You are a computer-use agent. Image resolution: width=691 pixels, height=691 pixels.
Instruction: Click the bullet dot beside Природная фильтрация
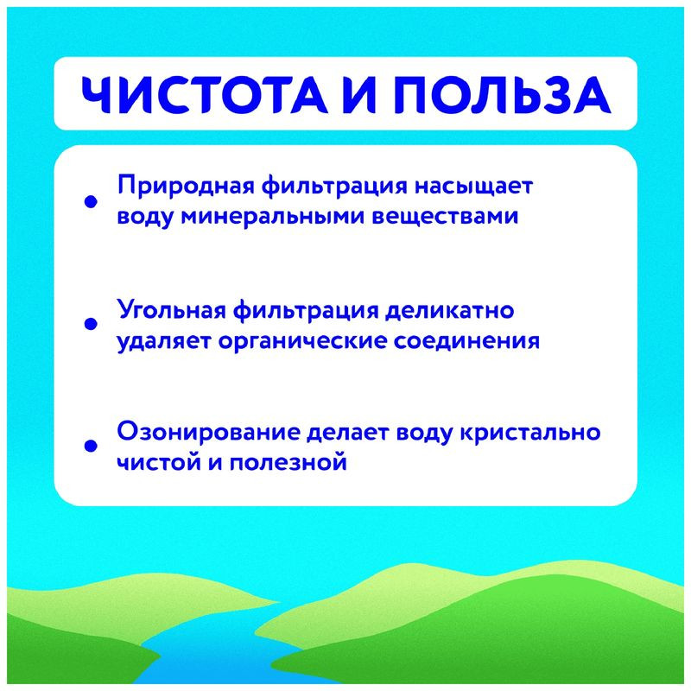[x=88, y=202]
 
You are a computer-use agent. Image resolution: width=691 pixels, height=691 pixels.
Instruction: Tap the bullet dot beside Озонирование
[x=88, y=447]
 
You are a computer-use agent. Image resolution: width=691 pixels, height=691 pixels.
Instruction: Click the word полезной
[x=296, y=462]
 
